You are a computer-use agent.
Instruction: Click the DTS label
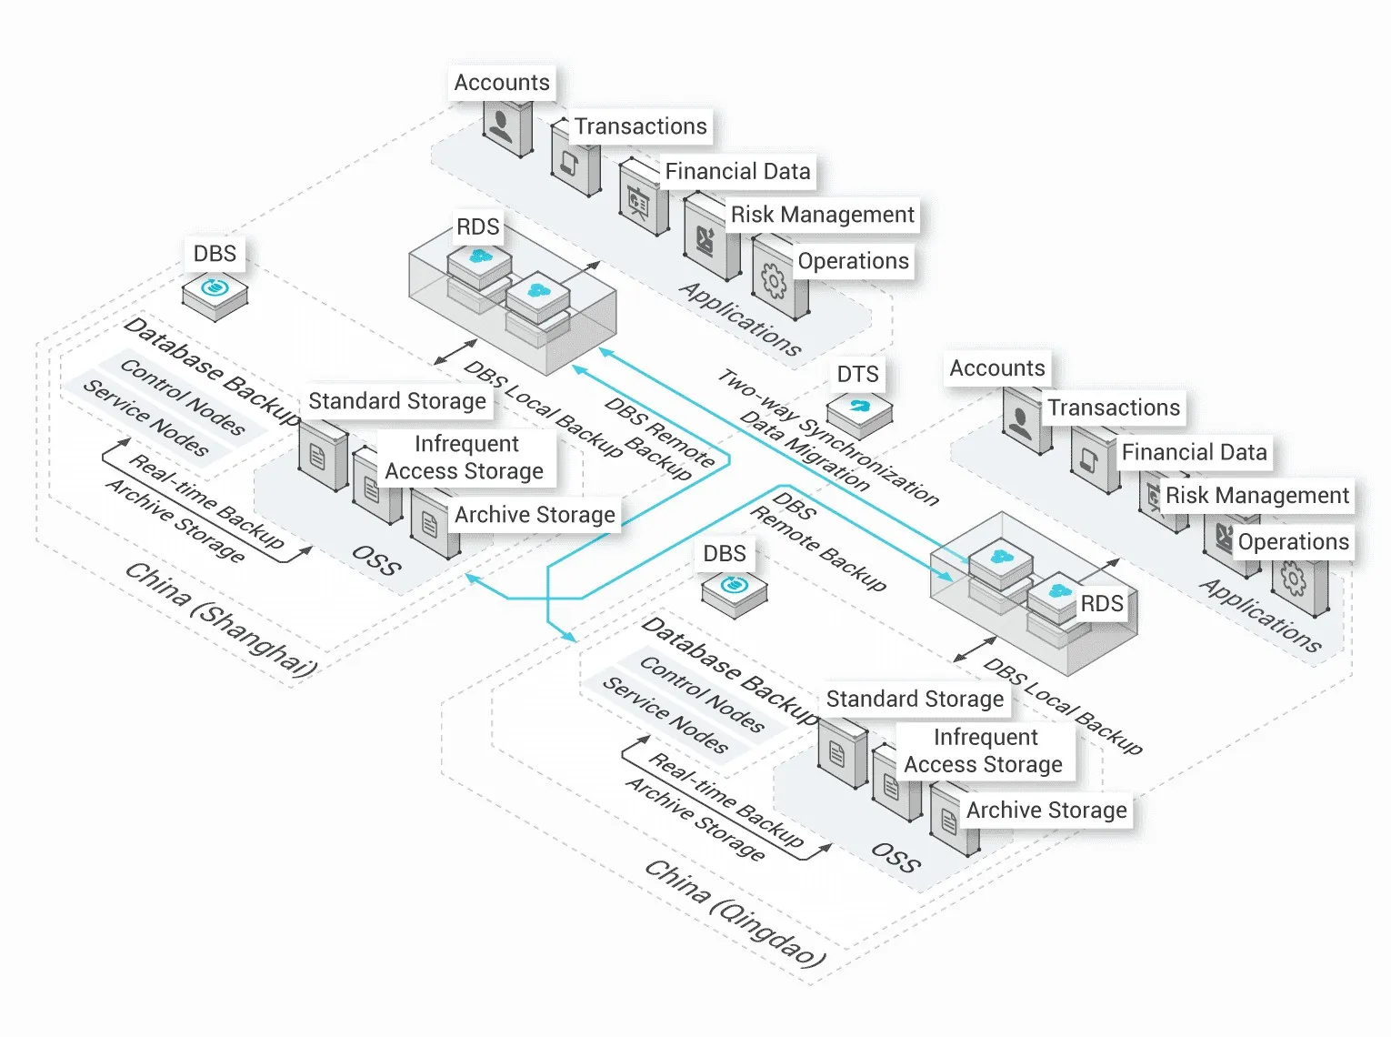pyautogui.click(x=857, y=374)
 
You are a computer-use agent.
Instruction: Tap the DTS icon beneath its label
pyautogui.click(x=859, y=411)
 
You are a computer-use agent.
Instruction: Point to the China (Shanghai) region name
pyautogui.click(x=221, y=619)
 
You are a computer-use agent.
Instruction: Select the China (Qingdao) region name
pyautogui.click(x=735, y=911)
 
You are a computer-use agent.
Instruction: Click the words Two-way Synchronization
pyautogui.click(x=828, y=438)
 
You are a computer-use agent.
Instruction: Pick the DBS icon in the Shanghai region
pyautogui.click(x=215, y=292)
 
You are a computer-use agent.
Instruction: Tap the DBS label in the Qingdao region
pyautogui.click(x=725, y=554)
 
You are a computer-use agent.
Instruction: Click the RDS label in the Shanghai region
pyautogui.click(x=478, y=227)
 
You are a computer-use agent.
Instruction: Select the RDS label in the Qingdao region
pyautogui.click(x=1101, y=604)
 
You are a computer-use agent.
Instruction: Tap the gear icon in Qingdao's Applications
pyautogui.click(x=1294, y=579)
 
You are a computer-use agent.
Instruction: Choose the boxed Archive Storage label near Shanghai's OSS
pyautogui.click(x=535, y=515)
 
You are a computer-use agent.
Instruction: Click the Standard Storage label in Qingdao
pyautogui.click(x=915, y=699)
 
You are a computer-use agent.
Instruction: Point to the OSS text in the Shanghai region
pyautogui.click(x=376, y=560)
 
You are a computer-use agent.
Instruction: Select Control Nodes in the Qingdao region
pyautogui.click(x=701, y=694)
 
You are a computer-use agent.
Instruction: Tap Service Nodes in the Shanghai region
pyautogui.click(x=145, y=417)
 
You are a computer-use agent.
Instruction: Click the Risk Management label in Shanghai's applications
pyautogui.click(x=822, y=215)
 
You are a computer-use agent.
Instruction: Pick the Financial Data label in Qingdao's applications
pyautogui.click(x=1194, y=452)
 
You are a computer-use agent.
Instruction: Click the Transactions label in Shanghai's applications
pyautogui.click(x=640, y=126)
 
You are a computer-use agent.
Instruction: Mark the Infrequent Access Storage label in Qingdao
pyautogui.click(x=984, y=750)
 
